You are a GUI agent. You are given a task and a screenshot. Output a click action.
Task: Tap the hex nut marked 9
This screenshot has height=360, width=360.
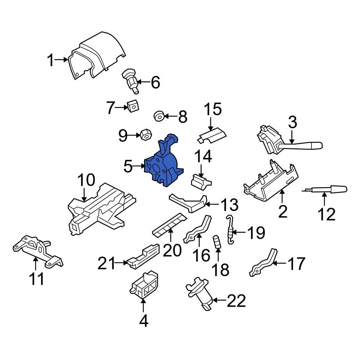[145, 135]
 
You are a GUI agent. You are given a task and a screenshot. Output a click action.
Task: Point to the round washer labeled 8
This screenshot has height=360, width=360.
[159, 116]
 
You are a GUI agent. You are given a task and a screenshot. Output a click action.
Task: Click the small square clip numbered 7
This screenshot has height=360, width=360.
[133, 106]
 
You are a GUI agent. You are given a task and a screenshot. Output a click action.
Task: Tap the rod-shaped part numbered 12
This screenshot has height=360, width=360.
[326, 189]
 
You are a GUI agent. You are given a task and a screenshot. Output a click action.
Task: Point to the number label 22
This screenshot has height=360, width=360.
[236, 301]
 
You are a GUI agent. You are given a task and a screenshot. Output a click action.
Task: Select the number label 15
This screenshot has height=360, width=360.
[213, 109]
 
